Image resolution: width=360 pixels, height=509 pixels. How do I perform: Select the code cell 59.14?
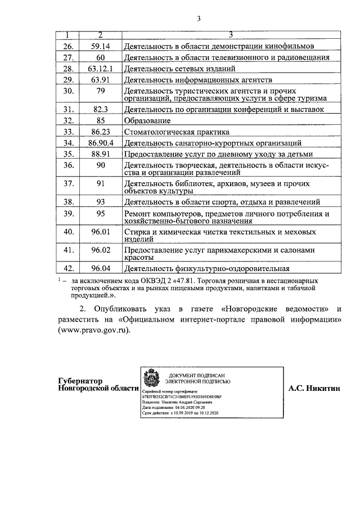[x=100, y=46]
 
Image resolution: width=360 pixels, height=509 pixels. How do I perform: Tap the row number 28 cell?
[x=69, y=69]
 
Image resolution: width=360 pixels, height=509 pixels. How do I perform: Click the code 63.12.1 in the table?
[x=100, y=69]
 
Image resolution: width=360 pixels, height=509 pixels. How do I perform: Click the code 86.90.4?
[x=100, y=143]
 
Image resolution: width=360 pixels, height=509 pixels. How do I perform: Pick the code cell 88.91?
[x=100, y=154]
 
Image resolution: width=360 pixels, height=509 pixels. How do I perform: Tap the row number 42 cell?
[x=69, y=268]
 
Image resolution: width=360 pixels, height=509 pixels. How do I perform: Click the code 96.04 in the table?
[x=100, y=268]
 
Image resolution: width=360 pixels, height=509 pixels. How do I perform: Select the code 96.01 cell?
[x=100, y=231]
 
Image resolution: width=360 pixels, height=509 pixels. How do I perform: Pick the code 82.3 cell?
[x=100, y=109]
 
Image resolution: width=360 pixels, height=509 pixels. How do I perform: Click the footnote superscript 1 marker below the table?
[x=60, y=279]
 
